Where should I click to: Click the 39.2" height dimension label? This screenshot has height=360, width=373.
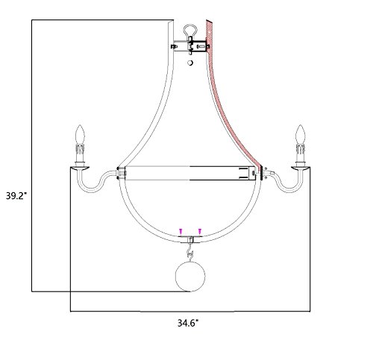[x=16, y=196]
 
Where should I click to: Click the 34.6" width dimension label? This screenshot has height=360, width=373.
[x=188, y=323]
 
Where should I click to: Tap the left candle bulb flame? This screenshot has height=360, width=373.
[x=80, y=134]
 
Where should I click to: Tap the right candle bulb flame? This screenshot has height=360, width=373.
[x=300, y=134]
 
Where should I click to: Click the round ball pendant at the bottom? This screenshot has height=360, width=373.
[x=190, y=277]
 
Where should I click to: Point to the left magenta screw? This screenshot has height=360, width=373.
[x=181, y=231]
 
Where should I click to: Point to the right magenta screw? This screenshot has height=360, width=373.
[x=200, y=231]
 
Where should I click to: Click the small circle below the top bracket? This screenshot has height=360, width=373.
[x=190, y=63]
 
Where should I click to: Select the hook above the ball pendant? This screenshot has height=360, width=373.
[x=190, y=251]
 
